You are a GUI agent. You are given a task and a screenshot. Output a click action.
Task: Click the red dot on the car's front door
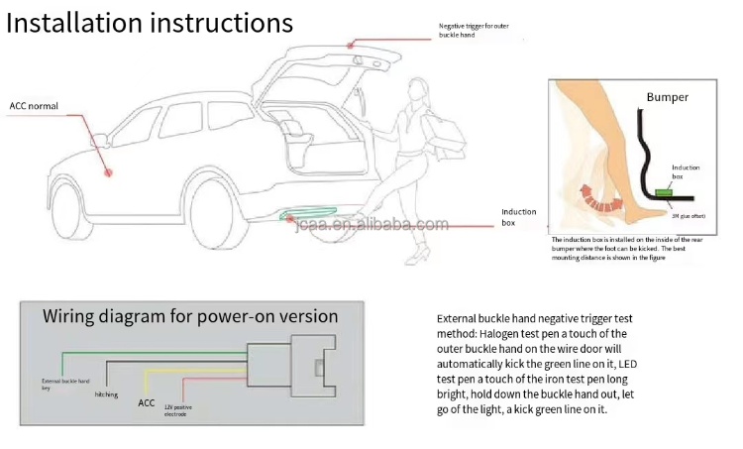(111, 170)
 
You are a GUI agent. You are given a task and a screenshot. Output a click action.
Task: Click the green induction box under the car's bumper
(313, 214)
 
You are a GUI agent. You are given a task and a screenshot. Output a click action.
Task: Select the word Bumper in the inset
(667, 97)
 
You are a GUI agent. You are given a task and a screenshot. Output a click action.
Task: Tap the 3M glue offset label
(689, 214)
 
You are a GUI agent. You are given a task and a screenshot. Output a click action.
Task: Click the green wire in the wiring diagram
(149, 352)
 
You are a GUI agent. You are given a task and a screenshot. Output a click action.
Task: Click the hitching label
(106, 393)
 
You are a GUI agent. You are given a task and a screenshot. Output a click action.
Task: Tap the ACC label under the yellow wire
(148, 403)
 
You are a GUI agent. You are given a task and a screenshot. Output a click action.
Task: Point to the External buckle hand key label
(66, 385)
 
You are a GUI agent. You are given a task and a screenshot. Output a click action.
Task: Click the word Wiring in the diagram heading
(74, 317)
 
